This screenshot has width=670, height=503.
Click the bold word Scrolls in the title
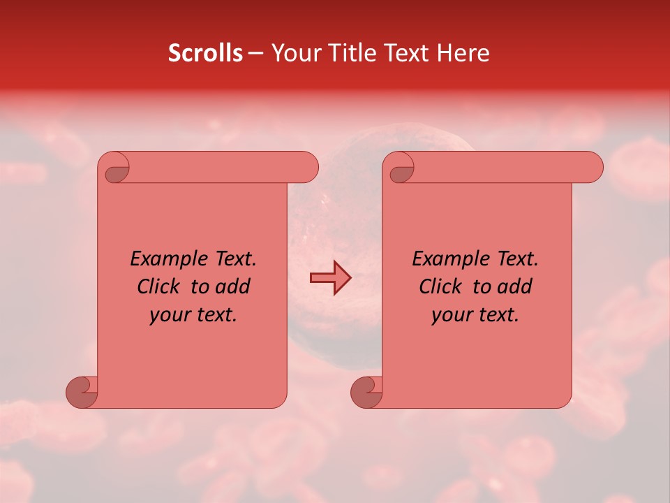206,53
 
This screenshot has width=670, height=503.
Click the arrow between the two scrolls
330,278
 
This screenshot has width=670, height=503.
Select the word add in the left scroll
234,286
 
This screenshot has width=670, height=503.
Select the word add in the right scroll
516,286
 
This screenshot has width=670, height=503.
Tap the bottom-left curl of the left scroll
82,392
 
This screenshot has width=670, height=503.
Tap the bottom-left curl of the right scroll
366,392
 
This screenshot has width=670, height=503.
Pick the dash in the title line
255,54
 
